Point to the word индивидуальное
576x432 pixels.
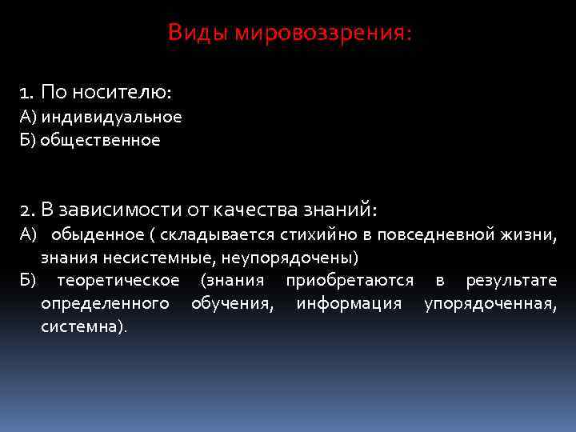(x=111, y=118)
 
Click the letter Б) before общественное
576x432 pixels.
(x=29, y=140)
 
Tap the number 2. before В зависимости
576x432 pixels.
(x=28, y=210)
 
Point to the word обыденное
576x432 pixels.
(x=102, y=234)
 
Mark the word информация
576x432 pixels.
(x=349, y=304)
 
